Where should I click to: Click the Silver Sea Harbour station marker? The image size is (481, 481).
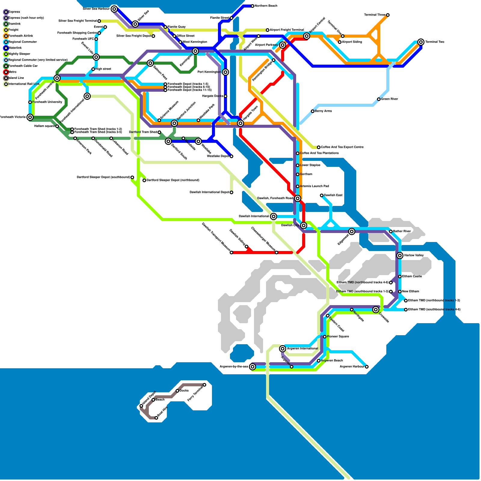(114, 9)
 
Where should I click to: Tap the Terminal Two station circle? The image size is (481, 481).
(421, 42)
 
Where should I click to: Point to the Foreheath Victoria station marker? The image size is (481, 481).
(30, 117)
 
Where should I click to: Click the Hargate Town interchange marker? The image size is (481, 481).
(240, 123)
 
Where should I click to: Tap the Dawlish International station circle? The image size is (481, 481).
(274, 216)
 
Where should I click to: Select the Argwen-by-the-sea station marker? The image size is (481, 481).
(253, 367)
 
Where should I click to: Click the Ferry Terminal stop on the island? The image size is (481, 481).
(204, 385)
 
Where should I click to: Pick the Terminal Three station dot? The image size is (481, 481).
(388, 15)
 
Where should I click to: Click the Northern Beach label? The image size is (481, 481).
(266, 6)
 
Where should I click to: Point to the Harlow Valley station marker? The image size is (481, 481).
(400, 256)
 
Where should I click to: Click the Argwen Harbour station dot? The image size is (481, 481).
(367, 367)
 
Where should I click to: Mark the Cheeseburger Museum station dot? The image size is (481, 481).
(277, 253)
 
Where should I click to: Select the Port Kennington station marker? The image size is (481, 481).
(225, 72)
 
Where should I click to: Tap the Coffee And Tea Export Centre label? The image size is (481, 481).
(342, 147)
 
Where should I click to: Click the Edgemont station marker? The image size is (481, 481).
(352, 231)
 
